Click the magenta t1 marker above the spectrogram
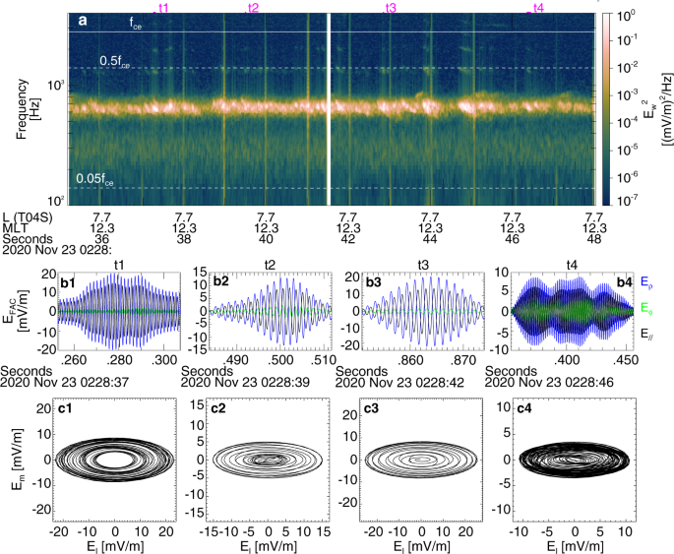[x=162, y=8]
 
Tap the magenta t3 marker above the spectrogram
[x=391, y=8]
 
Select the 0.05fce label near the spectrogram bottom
[x=95, y=179]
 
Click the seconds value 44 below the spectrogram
[x=429, y=238]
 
